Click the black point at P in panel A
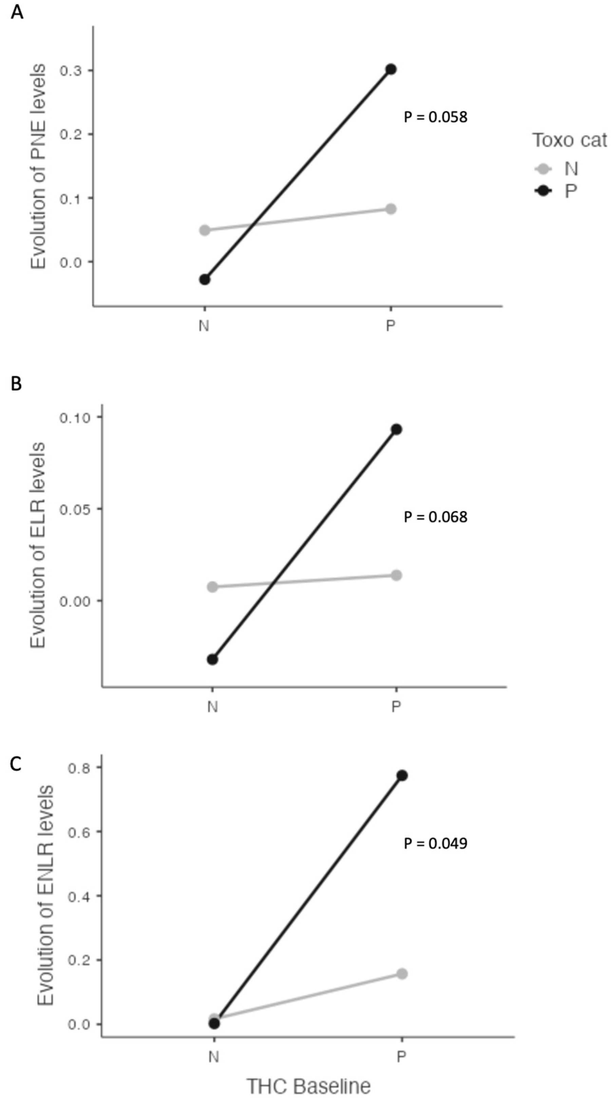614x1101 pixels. tap(390, 69)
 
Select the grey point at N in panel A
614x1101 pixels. tap(205, 230)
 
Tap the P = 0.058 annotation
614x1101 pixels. tap(436, 117)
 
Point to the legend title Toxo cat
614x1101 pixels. tap(569, 140)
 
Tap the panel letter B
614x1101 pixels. tap(16, 384)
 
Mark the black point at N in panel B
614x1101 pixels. tap(213, 659)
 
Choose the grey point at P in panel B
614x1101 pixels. tap(396, 575)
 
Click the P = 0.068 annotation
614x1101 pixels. tap(436, 517)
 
